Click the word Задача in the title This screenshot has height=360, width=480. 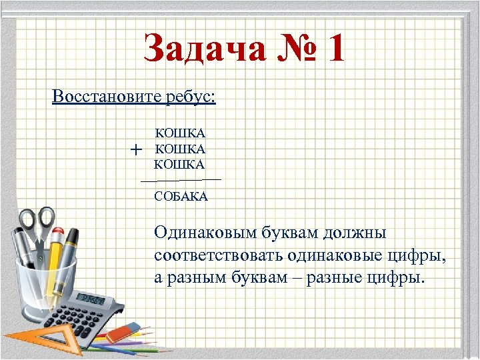click(200, 50)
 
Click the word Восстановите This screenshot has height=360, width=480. click(107, 97)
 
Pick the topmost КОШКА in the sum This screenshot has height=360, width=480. click(180, 134)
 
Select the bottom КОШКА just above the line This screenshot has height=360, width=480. click(180, 164)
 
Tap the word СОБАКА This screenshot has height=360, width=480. click(181, 197)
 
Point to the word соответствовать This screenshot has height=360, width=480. click(219, 255)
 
